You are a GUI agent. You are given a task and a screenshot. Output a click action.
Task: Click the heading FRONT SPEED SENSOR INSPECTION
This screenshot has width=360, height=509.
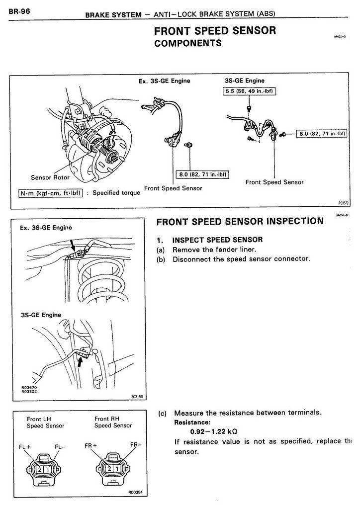[x=240, y=222]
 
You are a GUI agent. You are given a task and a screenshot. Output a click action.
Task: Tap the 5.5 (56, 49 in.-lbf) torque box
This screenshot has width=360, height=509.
[x=249, y=91]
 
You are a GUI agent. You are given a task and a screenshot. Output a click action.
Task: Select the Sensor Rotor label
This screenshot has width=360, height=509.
[x=50, y=177]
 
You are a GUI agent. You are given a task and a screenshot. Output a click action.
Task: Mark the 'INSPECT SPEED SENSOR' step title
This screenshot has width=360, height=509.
[x=217, y=240]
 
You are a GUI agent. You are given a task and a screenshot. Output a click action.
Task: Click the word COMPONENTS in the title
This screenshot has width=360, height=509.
[x=187, y=43]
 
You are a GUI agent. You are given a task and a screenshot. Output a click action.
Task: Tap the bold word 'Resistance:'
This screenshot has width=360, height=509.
[x=189, y=422]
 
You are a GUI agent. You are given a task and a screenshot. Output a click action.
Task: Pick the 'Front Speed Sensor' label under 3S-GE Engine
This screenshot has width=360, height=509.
[x=274, y=182]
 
